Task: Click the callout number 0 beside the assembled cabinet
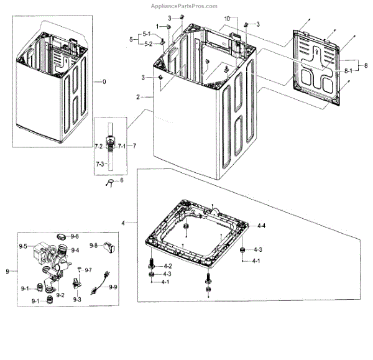pos(104,82)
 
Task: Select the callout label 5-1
pos(146,34)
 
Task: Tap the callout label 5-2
pos(147,44)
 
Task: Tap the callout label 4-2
pos(167,266)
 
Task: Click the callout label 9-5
pos(26,246)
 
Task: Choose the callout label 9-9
pos(113,287)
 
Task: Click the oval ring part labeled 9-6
pos(61,237)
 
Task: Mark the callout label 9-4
pos(76,250)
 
